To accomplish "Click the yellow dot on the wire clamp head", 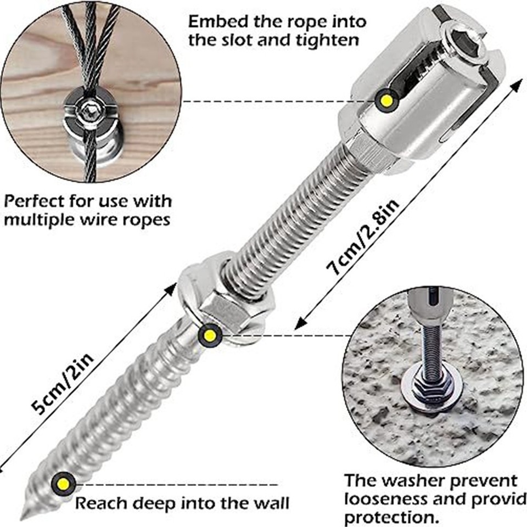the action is [387, 100].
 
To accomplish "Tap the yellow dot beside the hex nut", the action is [210, 335].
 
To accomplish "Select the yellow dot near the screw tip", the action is [63, 484].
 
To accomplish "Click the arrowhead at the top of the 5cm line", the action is [170, 289].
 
